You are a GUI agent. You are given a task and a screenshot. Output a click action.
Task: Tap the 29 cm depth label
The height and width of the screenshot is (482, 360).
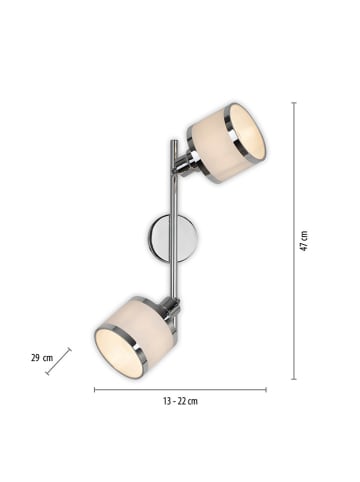[42, 357]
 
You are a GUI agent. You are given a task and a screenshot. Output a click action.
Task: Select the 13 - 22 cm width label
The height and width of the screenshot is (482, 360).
[180, 401]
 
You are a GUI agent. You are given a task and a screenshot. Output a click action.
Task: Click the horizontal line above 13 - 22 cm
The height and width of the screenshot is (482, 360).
[180, 389]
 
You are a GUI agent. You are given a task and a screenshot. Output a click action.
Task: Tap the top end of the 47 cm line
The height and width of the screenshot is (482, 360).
[292, 102]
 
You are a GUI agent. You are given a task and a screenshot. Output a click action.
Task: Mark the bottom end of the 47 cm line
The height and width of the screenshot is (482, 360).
[292, 379]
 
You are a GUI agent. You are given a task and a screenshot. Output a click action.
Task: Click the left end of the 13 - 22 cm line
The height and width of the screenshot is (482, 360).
[95, 389]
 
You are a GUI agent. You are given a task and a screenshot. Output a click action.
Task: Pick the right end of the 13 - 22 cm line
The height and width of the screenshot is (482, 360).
[266, 389]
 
